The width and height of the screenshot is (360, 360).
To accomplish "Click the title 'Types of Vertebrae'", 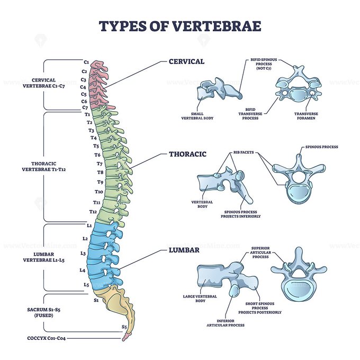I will pos(179,26).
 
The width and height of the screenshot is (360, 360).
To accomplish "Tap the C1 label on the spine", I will pos(86,62).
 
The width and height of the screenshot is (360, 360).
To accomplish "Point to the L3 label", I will pos(83,254).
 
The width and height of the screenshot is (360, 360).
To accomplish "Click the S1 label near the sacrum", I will pos(96,300).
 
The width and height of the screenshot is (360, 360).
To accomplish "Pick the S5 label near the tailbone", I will pos(124,327).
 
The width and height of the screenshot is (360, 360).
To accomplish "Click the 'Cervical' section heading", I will pos(186,61).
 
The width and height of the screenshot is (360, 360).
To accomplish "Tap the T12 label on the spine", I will pos(93,211).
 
